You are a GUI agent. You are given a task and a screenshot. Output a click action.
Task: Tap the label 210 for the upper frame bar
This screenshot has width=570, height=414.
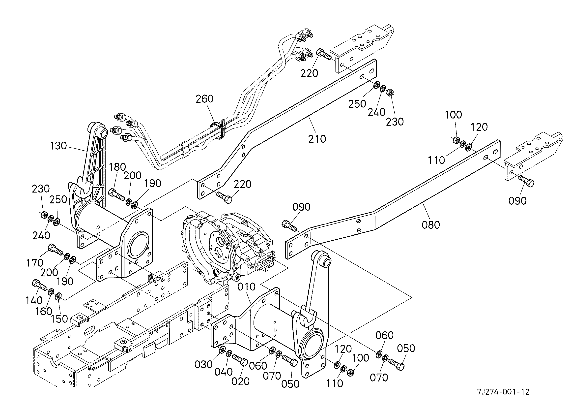point(317,139)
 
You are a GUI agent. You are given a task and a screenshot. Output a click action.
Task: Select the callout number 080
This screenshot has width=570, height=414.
point(431,225)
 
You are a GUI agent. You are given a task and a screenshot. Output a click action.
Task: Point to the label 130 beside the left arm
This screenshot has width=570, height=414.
point(58,146)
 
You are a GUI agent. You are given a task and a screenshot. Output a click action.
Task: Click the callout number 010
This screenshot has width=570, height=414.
point(247,287)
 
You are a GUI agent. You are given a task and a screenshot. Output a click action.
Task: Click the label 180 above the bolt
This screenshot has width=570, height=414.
point(118,167)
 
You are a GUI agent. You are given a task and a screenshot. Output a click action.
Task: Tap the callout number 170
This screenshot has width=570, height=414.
point(35,263)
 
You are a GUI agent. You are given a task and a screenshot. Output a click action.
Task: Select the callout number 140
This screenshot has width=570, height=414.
point(34,300)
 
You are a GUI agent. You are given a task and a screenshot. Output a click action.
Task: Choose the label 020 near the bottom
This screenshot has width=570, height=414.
point(240,381)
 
